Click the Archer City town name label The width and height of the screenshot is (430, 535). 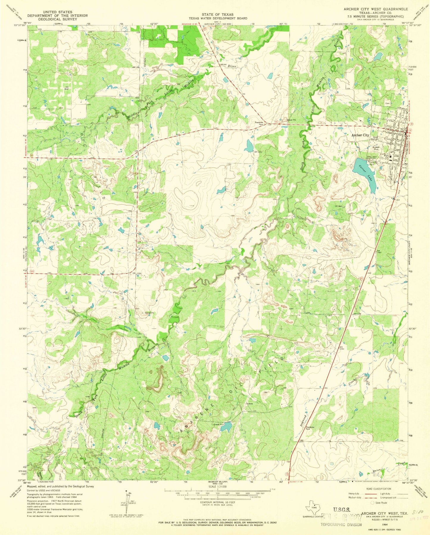(x=360, y=135)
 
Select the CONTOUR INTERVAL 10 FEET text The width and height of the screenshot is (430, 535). (x=218, y=502)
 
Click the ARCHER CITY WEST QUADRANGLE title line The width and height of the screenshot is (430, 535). (x=376, y=9)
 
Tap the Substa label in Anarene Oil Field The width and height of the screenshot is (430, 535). (x=249, y=404)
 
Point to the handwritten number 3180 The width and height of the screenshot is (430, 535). (x=418, y=512)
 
